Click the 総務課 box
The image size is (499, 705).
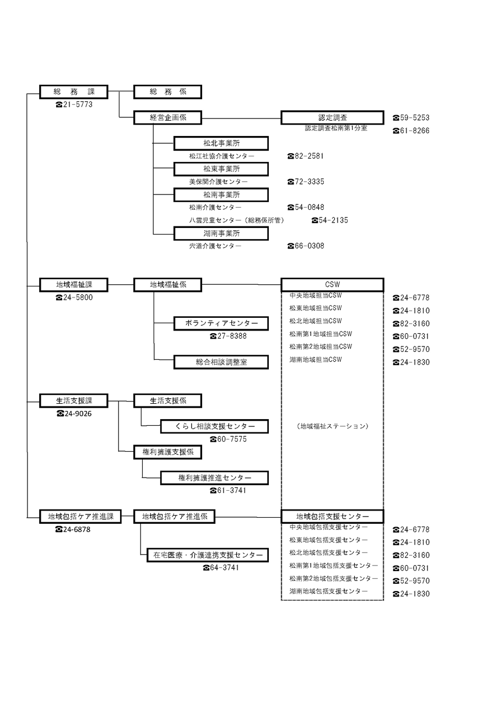[74, 91]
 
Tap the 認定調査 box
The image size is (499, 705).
[332, 117]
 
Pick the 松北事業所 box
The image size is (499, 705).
[221, 143]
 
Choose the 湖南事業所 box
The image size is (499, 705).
[221, 234]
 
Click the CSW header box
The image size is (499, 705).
[332, 285]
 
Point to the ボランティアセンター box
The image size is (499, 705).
[221, 323]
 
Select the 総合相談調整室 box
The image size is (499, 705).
[221, 362]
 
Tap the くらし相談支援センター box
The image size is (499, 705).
[214, 426]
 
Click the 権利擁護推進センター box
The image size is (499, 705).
[214, 478]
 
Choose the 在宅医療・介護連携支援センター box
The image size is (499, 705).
[208, 555]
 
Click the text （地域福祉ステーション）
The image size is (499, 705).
[332, 426]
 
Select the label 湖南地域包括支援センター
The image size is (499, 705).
[329, 592]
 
